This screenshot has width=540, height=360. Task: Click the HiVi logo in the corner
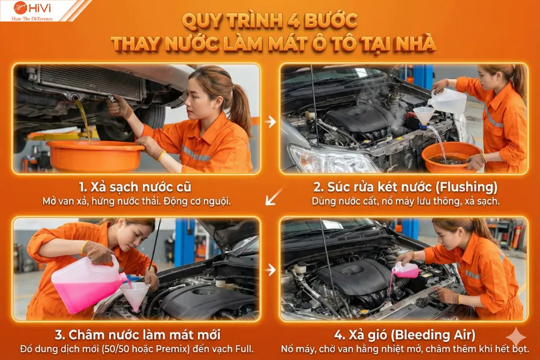click(x=33, y=10)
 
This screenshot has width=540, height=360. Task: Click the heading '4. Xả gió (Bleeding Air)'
click(x=405, y=334)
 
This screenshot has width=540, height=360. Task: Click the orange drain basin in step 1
click(x=95, y=155)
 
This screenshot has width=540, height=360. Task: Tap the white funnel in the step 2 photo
click(x=424, y=115)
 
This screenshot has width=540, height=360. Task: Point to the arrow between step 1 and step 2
click(x=271, y=122)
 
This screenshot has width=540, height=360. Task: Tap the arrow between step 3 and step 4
click(x=271, y=269)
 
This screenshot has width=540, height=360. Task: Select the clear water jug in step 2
click(x=448, y=100)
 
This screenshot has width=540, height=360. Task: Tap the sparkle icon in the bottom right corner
click(x=515, y=338)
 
